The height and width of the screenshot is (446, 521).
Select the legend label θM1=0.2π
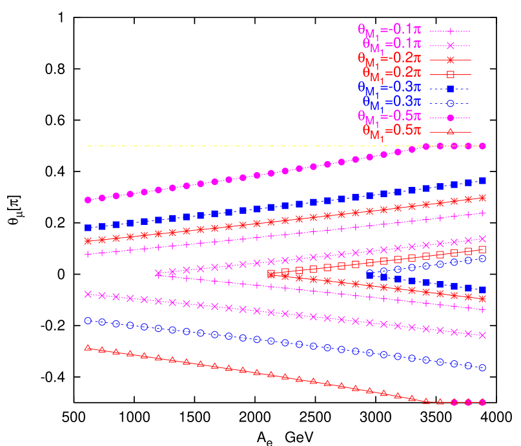391,73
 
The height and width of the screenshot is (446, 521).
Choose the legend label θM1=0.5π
391,131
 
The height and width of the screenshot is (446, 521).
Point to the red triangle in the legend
451,132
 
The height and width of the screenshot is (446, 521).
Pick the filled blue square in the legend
451,88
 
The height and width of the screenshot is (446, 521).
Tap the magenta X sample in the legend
451,45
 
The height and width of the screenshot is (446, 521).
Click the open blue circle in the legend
451,103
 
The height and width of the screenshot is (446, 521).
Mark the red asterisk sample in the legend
451,59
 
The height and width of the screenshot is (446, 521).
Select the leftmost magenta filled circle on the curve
88,200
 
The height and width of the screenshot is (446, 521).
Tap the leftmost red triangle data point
88,348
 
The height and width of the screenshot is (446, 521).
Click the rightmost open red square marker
482,249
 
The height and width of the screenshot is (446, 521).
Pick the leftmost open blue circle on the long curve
88,320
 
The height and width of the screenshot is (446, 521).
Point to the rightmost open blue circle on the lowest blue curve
482,367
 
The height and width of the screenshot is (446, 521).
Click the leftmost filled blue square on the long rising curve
88,228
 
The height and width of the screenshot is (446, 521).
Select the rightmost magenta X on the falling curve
482,335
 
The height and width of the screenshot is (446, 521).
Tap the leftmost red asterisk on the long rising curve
88,241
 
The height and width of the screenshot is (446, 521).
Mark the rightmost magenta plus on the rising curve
482,213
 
